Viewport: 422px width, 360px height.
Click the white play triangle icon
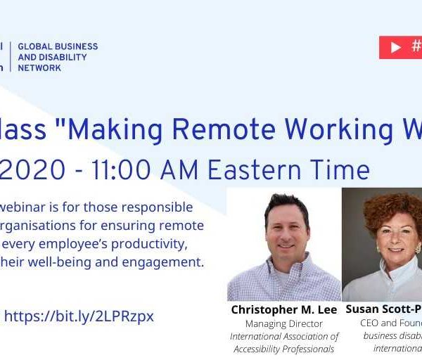pyautogui.click(x=396, y=47)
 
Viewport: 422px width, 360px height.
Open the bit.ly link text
pyautogui.click(x=79, y=316)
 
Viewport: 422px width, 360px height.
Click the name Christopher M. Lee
pyautogui.click(x=284, y=310)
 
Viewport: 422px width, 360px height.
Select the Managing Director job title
pyautogui.click(x=284, y=324)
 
